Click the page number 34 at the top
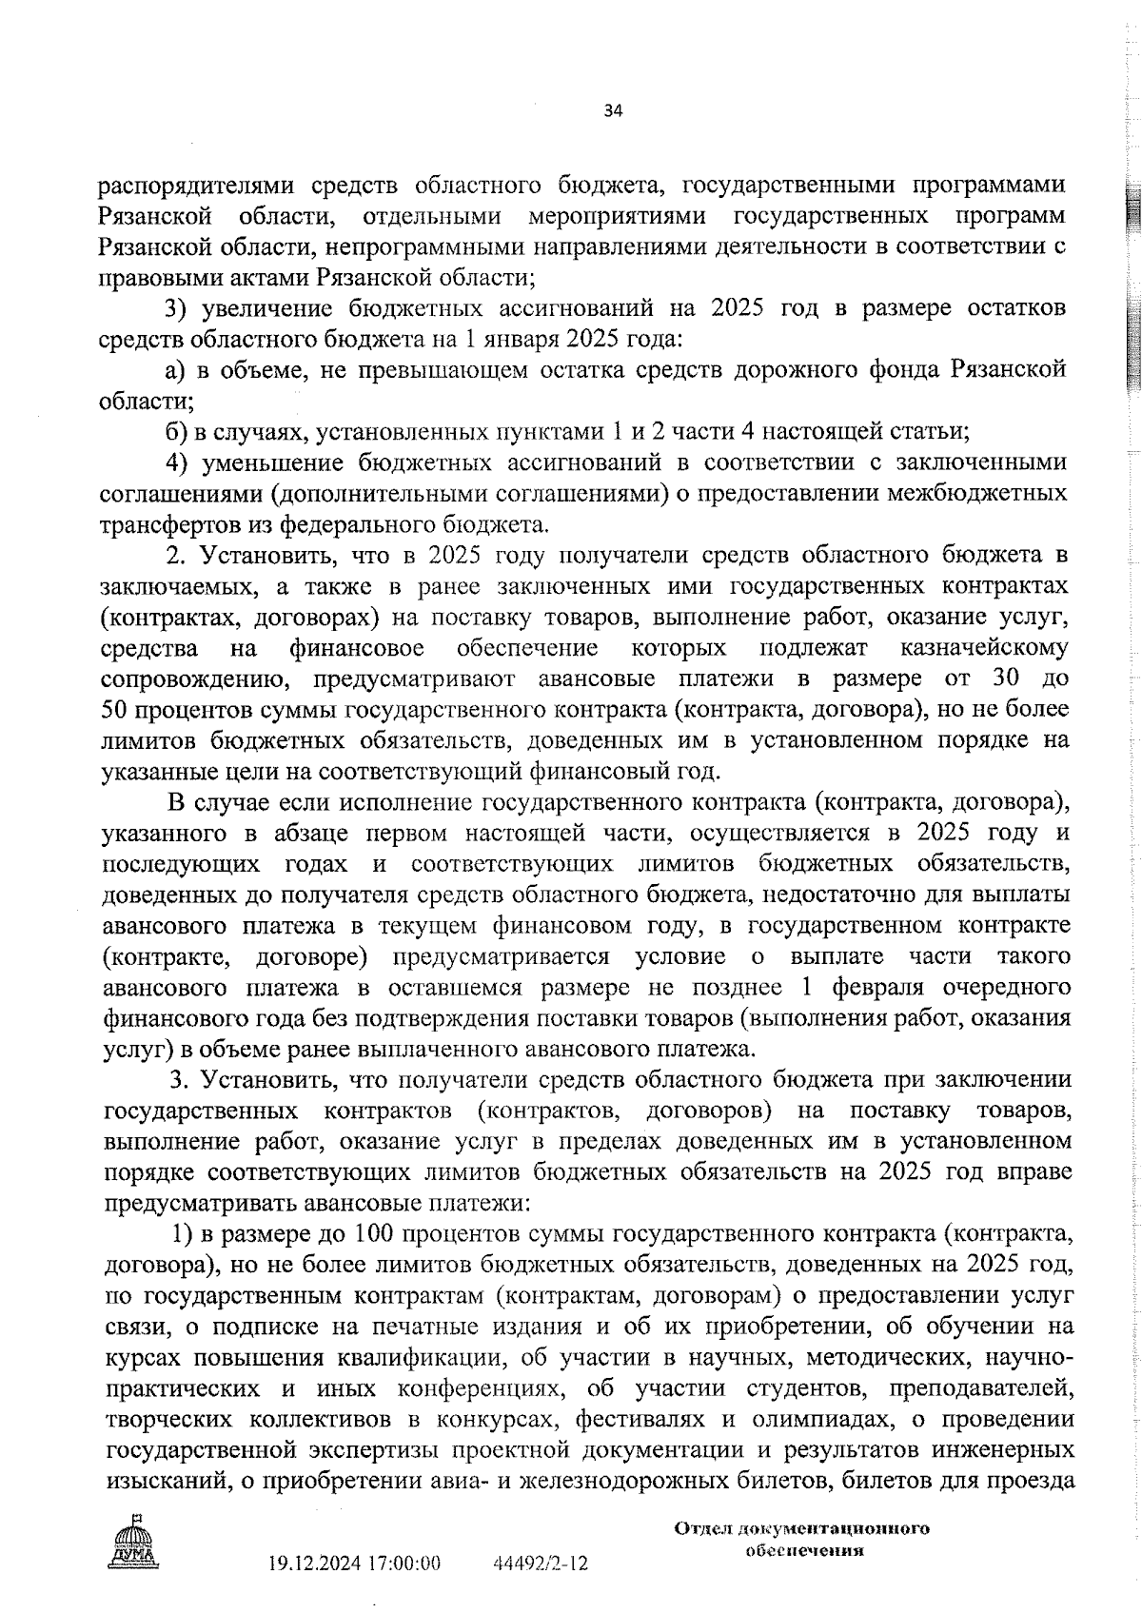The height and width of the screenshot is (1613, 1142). point(613,111)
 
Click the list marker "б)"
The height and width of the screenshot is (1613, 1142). point(175,432)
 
